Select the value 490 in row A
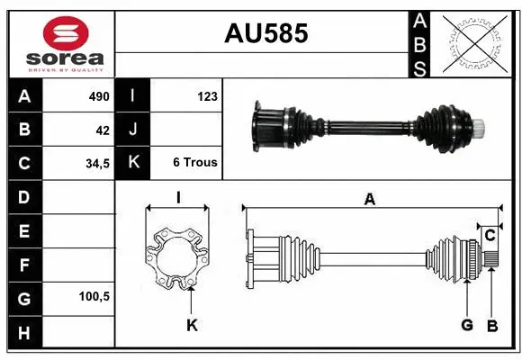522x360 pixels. coord(98,96)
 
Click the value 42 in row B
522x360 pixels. coord(103,130)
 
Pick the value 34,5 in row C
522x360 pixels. coord(97,164)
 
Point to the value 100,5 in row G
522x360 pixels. coord(94,296)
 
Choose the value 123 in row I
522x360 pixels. coord(207,96)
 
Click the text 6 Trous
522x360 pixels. coord(193,164)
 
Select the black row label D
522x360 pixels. coord(23,196)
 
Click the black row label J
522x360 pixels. coord(133,130)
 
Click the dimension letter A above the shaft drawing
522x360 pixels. coord(369,200)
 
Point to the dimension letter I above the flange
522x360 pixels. coord(178,198)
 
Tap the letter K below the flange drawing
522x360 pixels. coord(191,325)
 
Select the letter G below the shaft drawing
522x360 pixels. coord(466,325)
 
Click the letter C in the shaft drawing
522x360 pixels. coord(490,236)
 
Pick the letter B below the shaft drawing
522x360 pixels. coord(491,325)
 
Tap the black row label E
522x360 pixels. coord(23,230)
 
